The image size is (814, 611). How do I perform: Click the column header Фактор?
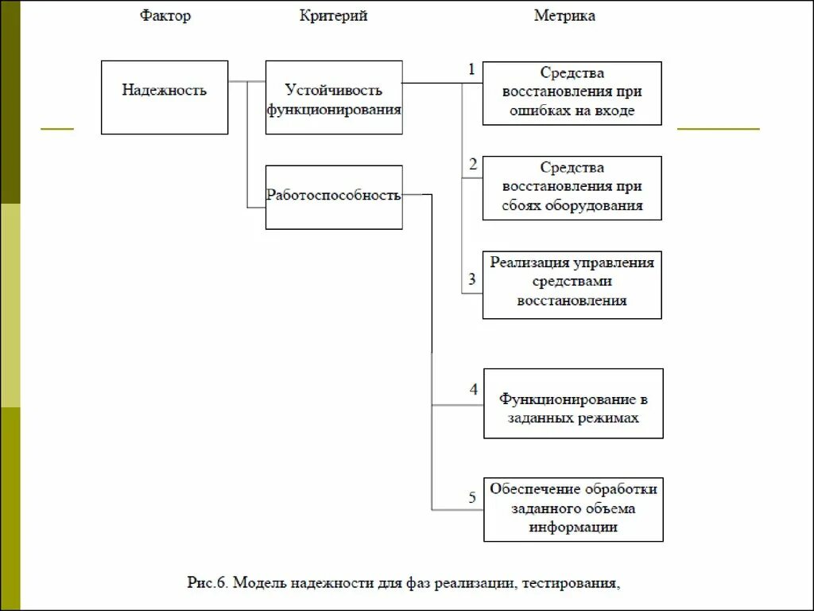point(165,16)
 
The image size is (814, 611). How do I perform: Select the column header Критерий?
point(333,16)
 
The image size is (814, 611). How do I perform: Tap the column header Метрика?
point(564,16)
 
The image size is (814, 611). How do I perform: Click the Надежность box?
point(165,97)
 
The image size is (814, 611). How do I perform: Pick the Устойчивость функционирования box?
point(334,99)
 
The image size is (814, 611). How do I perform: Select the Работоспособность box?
point(334,197)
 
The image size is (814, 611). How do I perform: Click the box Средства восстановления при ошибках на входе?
point(572,93)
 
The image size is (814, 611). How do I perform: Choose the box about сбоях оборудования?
point(572,188)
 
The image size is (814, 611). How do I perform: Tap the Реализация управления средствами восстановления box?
point(572,283)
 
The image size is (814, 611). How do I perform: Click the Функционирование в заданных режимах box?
point(573,403)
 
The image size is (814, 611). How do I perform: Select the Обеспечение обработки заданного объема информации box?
point(573,509)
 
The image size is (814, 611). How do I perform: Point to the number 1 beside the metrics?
point(471,70)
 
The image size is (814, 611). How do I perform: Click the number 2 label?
point(473,165)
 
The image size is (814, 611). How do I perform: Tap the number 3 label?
point(472,279)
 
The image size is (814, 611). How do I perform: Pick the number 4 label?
point(473,390)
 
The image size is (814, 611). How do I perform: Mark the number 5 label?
point(472,498)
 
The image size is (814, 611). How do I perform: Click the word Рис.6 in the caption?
point(207,584)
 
